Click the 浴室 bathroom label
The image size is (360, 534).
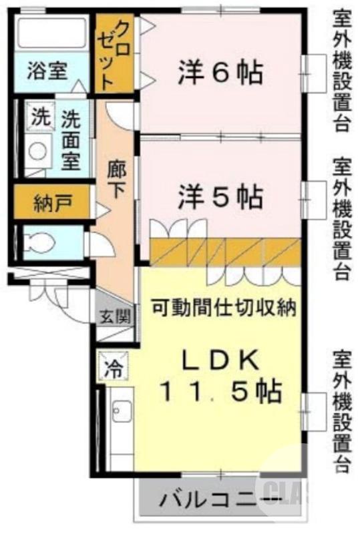pyautogui.click(x=47, y=71)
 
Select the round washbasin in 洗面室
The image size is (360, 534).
pyautogui.click(x=37, y=153)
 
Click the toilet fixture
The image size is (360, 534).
pyautogui.click(x=43, y=242)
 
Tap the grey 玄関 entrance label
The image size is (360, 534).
pyautogui.click(x=116, y=316)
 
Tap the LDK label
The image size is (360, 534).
pyautogui.click(x=220, y=360)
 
